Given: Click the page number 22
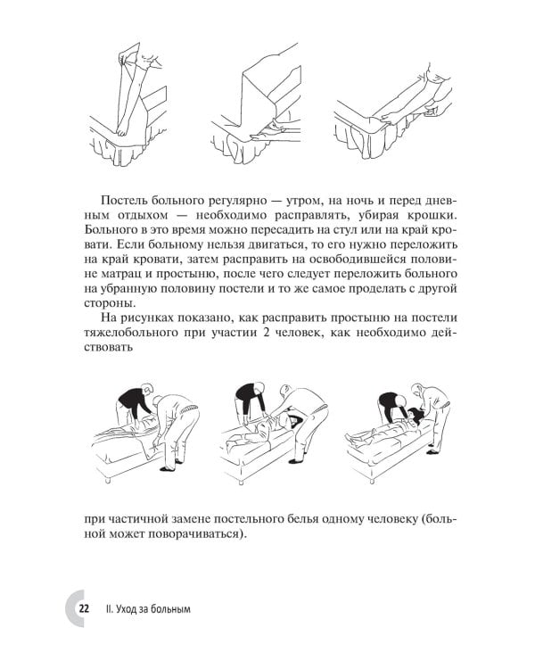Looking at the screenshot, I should click(84, 609).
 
